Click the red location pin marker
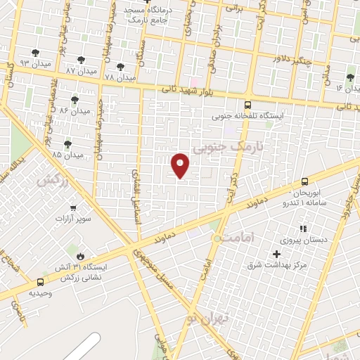point(181,165)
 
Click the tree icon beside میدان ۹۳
point(36,53)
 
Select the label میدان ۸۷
point(80,71)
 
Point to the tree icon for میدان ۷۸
point(120,66)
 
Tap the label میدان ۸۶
point(75,111)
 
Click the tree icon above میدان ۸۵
point(67,144)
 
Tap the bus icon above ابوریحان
point(304,181)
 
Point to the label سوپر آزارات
point(74,218)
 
